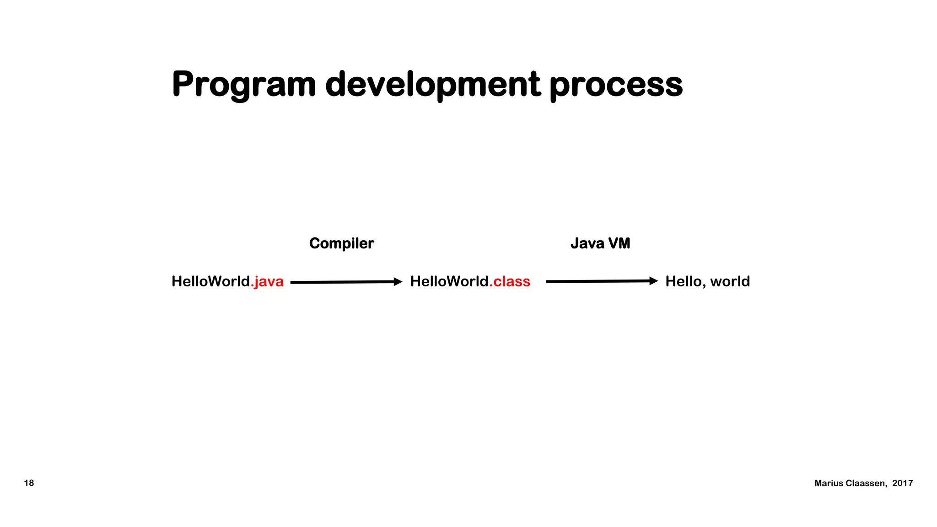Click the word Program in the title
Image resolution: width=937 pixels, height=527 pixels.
(244, 85)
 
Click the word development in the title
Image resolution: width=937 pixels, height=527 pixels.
(433, 85)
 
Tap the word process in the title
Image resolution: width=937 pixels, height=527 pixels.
(616, 85)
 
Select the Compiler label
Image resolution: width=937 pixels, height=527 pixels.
(341, 243)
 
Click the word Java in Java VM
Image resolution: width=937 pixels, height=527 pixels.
(587, 243)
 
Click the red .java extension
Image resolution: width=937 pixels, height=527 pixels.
(268, 281)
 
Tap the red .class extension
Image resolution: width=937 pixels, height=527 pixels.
(510, 281)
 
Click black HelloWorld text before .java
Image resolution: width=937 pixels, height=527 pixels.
(210, 281)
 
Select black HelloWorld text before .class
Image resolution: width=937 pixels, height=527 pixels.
(449, 281)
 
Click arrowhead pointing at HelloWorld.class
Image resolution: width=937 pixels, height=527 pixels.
(398, 282)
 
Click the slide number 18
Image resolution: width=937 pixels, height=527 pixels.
(29, 483)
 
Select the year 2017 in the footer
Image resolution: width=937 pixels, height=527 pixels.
(902, 484)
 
